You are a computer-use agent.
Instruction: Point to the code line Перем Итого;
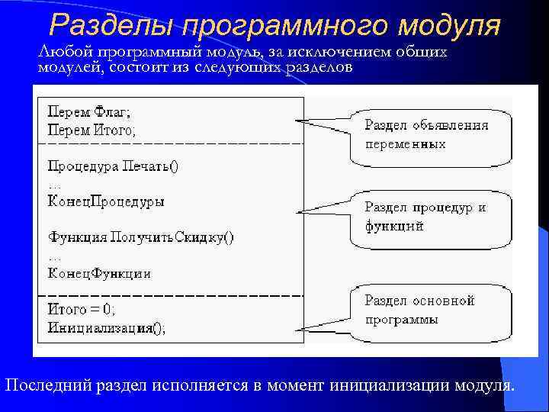[x=92, y=130]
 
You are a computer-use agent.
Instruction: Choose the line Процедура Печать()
[x=113, y=166]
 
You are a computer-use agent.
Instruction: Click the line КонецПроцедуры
[x=106, y=202]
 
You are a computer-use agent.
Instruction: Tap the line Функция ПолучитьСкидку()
[x=141, y=237]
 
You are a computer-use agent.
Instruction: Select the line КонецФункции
[x=99, y=273]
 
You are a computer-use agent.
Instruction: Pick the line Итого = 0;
[x=82, y=310]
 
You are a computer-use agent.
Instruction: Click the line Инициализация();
[x=106, y=328]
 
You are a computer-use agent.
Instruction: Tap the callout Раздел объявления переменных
[x=430, y=135]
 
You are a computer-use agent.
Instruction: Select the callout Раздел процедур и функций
[x=430, y=217]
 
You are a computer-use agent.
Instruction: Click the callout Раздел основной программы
[x=430, y=310]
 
